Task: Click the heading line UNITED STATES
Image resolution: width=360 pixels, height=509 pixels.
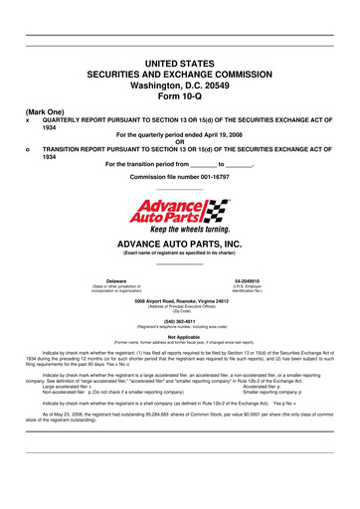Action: point(180,63)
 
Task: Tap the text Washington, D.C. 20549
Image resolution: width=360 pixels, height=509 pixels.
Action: point(180,86)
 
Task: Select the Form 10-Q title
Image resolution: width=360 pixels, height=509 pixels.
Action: point(180,98)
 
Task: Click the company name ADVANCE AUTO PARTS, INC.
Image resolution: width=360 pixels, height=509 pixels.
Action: point(180,242)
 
